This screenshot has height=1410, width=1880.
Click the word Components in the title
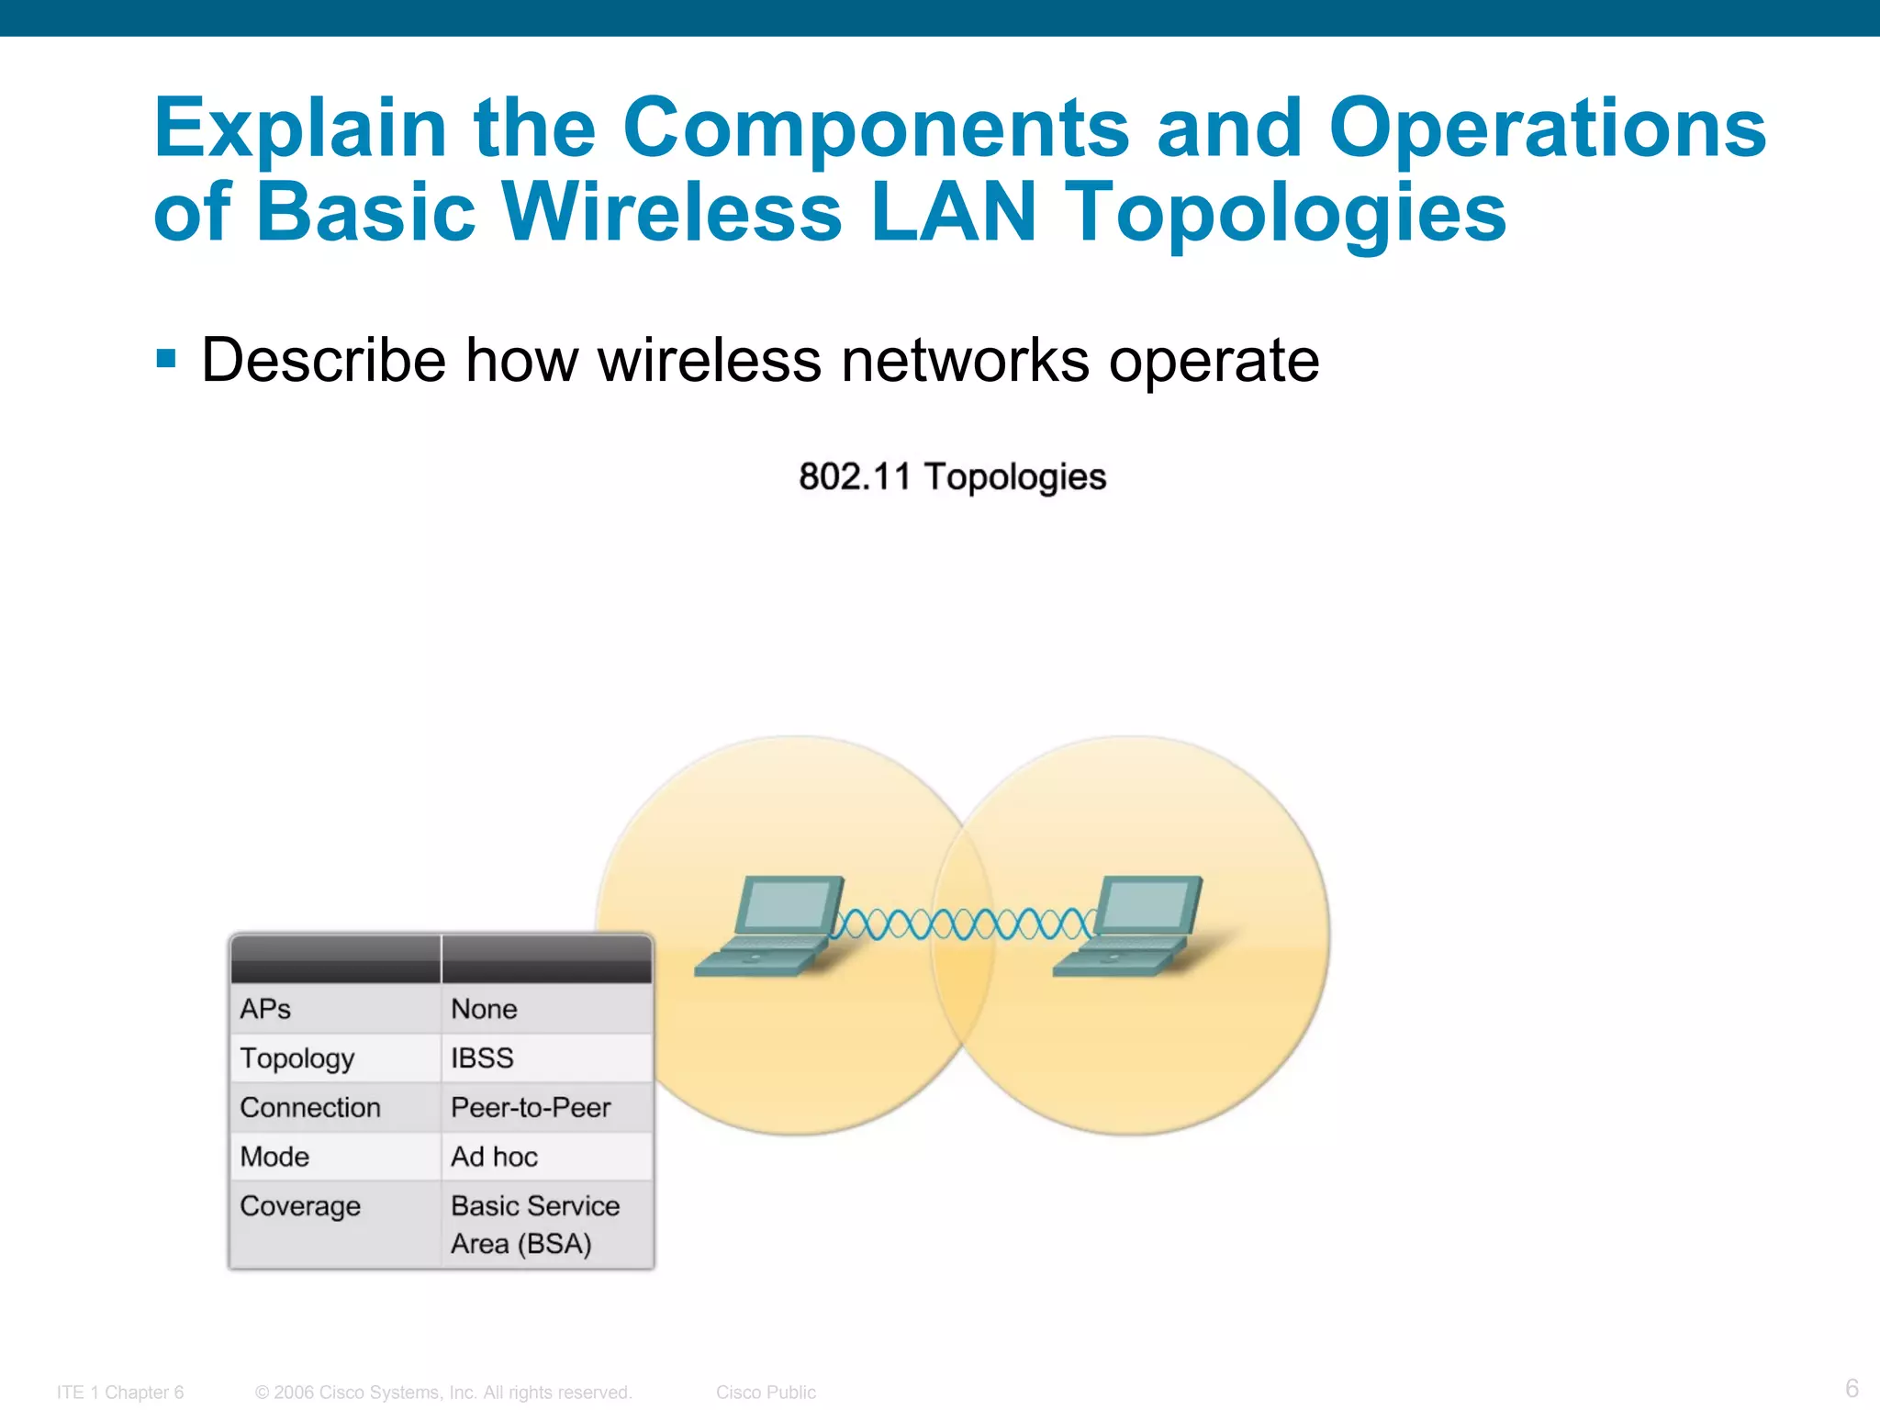tap(875, 129)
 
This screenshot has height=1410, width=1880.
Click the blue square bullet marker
tap(166, 358)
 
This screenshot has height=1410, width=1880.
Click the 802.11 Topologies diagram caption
tap(952, 477)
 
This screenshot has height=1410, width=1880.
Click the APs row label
tap(265, 1009)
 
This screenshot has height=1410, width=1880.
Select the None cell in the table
tap(484, 1009)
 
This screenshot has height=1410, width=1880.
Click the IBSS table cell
tap(482, 1058)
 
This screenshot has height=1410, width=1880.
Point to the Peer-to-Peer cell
tap(531, 1108)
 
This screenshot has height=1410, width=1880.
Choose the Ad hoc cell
tap(494, 1157)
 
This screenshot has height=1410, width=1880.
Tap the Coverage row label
tap(300, 1206)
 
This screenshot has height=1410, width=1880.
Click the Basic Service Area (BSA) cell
tap(534, 1225)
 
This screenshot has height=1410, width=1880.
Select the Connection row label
tap(310, 1108)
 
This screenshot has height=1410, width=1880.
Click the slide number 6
tap(1852, 1388)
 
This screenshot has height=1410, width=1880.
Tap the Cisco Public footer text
tap(766, 1393)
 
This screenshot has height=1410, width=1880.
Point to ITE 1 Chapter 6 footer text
tap(120, 1393)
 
